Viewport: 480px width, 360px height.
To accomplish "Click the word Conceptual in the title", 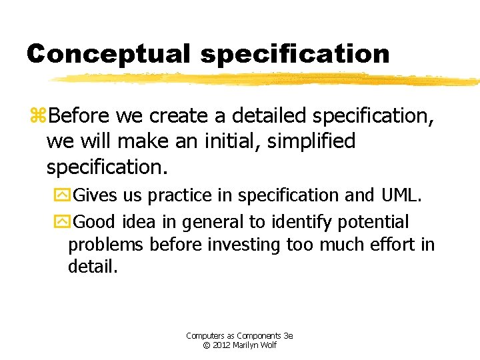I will (109, 53).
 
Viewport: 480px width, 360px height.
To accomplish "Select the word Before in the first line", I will (79, 116).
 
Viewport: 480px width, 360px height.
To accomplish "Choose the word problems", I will (105, 245).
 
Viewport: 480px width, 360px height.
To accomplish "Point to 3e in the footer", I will (289, 336).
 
